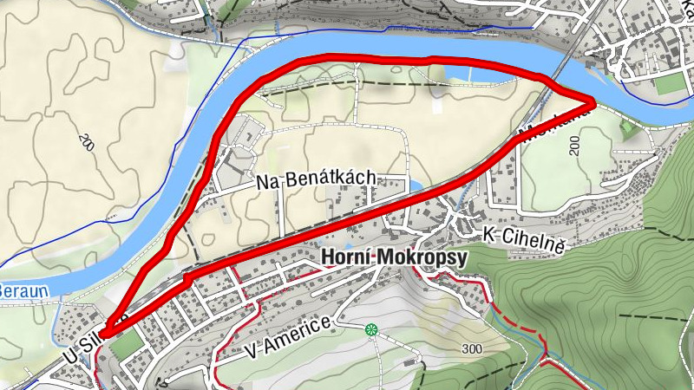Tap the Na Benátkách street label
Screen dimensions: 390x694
tap(316, 179)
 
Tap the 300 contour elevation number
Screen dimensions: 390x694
tap(472, 348)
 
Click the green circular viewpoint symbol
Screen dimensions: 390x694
tap(372, 329)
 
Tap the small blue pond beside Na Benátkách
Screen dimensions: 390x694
tap(415, 186)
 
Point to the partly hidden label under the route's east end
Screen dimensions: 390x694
tap(555, 122)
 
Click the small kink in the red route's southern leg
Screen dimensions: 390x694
tap(187, 280)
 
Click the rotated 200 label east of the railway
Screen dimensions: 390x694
tap(574, 146)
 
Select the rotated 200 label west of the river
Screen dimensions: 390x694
tap(84, 142)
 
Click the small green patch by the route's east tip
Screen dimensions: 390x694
tap(628, 129)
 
